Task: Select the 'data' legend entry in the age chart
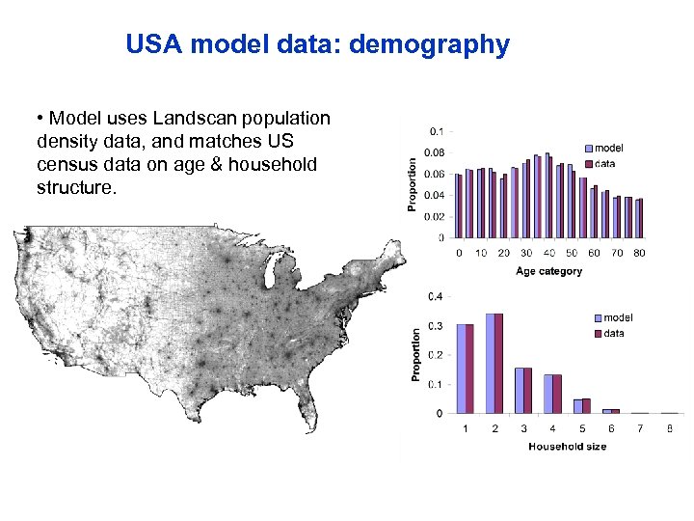click(604, 163)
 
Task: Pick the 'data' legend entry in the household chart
click(614, 333)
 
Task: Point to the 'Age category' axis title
click(548, 271)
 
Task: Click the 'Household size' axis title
click(567, 446)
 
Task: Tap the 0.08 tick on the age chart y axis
click(437, 152)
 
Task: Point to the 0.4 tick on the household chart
click(437, 296)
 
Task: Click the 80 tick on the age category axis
click(640, 253)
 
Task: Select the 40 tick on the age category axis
click(548, 253)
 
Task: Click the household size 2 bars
click(494, 363)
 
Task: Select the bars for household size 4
click(552, 394)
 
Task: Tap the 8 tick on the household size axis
click(670, 427)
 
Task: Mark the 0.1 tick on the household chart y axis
click(437, 384)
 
